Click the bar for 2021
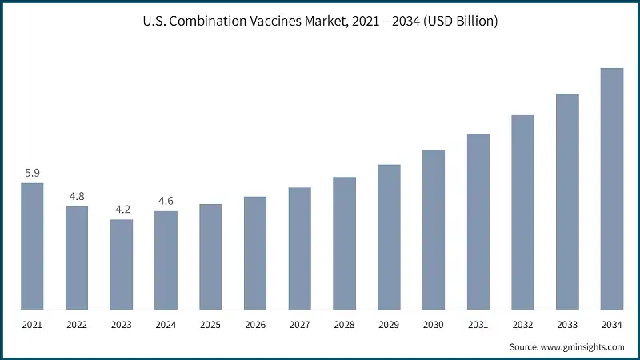[x=32, y=246]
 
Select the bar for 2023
[x=122, y=264]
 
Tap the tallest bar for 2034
[x=612, y=188]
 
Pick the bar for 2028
[x=344, y=242]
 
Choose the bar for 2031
[x=478, y=221]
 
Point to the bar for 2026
[x=255, y=252]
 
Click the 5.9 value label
[x=32, y=173]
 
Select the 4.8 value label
[x=77, y=196]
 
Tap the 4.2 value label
[x=122, y=210]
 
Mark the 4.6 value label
[x=166, y=201]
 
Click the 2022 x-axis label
[x=77, y=326]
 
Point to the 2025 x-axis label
[x=210, y=326]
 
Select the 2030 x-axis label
[x=434, y=326]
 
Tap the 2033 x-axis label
[x=567, y=326]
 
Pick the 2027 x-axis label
[x=300, y=326]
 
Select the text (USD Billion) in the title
[x=458, y=22]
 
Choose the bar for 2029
[x=389, y=237]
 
